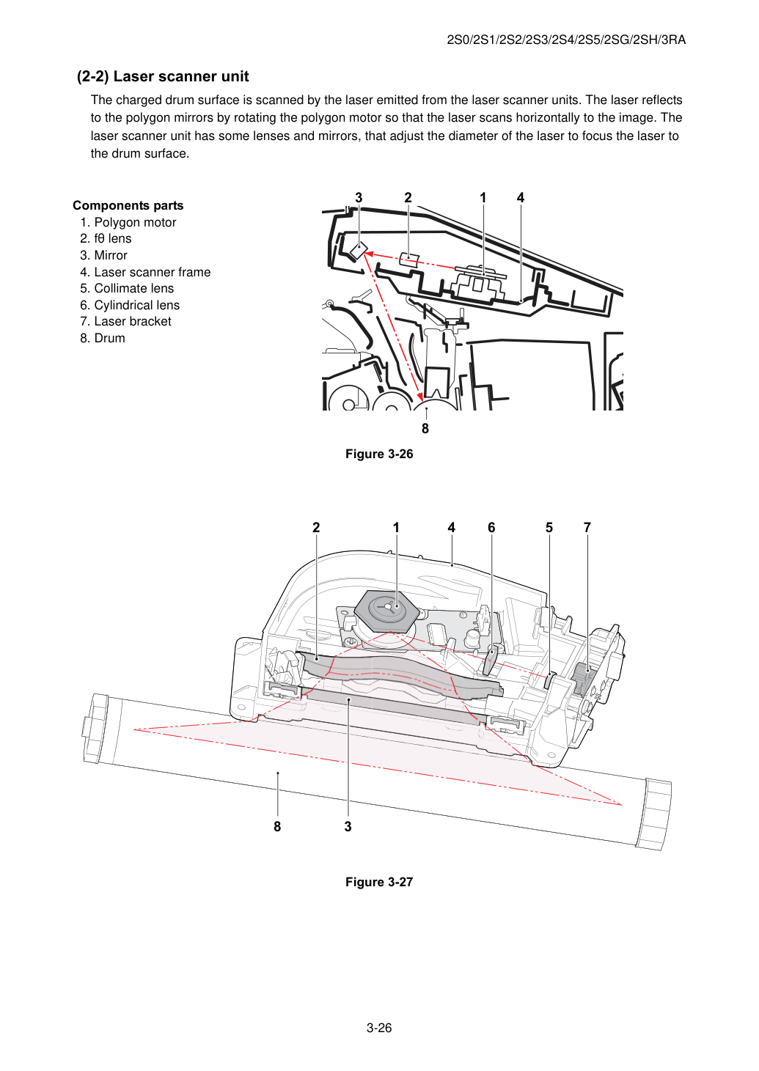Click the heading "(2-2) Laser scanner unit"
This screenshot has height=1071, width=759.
tap(163, 76)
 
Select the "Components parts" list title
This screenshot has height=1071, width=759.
tap(128, 205)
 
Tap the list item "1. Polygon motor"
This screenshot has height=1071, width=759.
tap(128, 222)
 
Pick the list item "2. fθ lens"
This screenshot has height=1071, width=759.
tap(106, 238)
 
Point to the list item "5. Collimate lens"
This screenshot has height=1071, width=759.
tap(127, 288)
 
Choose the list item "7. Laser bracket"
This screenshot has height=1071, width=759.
tap(126, 321)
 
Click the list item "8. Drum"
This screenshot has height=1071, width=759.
tap(103, 338)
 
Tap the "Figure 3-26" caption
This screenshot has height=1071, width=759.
tap(379, 454)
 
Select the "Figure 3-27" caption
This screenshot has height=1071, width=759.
tap(379, 882)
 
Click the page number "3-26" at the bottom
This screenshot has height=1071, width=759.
tap(379, 1028)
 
